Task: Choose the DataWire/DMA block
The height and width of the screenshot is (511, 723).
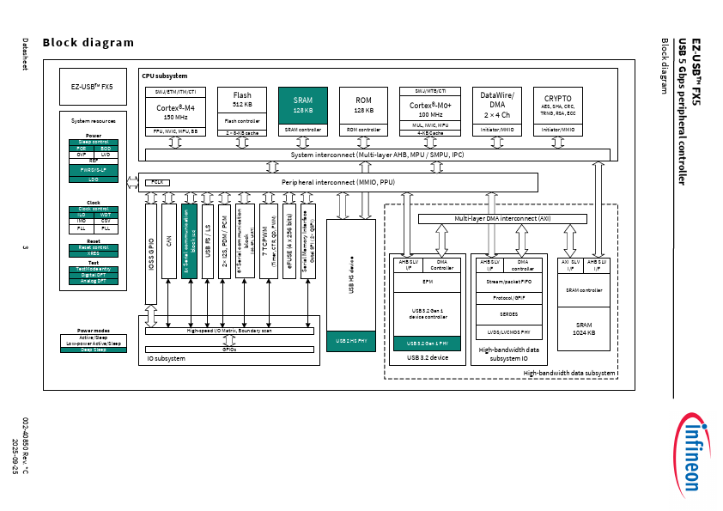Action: click(x=496, y=106)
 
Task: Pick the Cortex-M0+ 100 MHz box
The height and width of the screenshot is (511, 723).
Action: click(x=434, y=108)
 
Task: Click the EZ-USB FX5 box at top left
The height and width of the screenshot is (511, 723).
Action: click(x=92, y=87)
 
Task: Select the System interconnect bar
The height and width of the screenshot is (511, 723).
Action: click(x=378, y=155)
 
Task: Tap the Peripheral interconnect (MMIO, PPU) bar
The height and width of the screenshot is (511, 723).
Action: click(x=337, y=182)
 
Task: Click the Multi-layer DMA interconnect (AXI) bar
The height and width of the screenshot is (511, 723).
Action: click(x=502, y=219)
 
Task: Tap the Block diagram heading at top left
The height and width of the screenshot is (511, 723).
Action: click(x=88, y=43)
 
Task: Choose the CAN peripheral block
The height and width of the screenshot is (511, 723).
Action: click(x=168, y=241)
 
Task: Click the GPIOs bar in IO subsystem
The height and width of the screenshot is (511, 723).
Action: click(x=229, y=350)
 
